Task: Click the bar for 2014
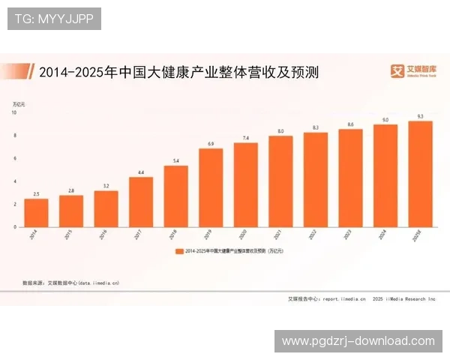pos(36,212)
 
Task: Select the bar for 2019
pos(211,187)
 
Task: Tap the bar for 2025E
pos(420,173)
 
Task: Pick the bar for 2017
pos(141,202)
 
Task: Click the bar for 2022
pos(316,179)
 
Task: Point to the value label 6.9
pos(211,143)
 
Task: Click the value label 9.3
pos(420,116)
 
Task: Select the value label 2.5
pos(36,193)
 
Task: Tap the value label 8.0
pos(280,131)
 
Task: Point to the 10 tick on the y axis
pos(13,112)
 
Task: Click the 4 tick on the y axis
pos(14,181)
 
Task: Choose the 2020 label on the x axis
pos(245,235)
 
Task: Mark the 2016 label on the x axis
pos(105,235)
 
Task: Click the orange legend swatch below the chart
pos(179,251)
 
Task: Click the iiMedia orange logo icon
pos(397,71)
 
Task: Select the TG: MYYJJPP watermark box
pos(54,18)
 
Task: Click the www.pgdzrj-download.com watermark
pos(358,340)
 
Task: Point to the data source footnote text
pos(71,283)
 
